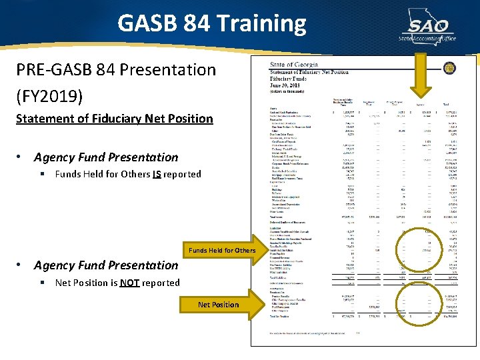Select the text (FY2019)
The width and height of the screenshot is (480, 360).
click(x=51, y=97)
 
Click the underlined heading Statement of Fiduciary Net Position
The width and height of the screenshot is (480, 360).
click(x=114, y=119)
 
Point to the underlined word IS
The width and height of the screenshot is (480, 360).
click(x=157, y=174)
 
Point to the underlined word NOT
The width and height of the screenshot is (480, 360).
click(x=129, y=283)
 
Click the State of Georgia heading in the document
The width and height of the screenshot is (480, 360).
click(x=294, y=65)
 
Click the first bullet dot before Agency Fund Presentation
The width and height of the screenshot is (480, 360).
click(x=21, y=157)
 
